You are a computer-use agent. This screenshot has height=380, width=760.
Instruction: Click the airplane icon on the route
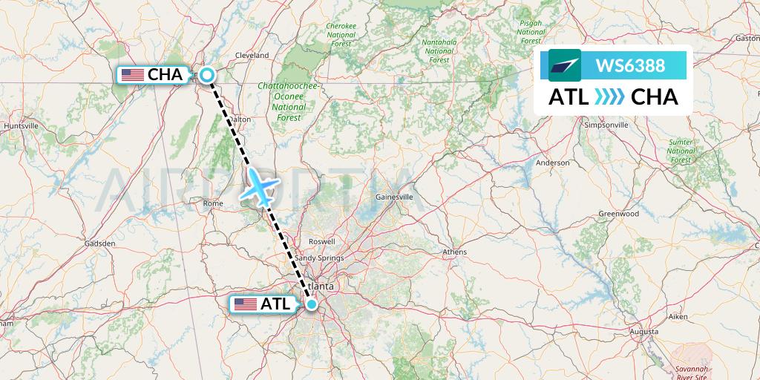pos(260,185)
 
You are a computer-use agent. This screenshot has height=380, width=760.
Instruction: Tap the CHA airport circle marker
pos(206,74)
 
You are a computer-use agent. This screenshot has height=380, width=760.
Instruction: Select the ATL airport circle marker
pos(312,304)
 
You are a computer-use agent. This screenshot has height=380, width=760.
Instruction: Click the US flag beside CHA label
pos(133,74)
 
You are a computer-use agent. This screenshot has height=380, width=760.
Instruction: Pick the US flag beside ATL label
pos(245,304)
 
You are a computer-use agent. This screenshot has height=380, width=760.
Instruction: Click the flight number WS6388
pos(632,66)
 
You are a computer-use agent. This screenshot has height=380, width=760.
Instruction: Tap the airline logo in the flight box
pos(565,65)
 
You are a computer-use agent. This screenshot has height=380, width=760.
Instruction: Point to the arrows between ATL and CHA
pos(609,97)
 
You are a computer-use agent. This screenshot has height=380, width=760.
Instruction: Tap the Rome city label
pos(212,203)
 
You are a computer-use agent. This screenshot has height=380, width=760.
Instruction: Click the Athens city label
pos(454,252)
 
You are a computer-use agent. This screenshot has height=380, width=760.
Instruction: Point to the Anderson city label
pos(552,163)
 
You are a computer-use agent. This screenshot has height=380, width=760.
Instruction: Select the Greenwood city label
pos(619,214)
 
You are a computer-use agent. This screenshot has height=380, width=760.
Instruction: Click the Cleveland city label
pos(252,56)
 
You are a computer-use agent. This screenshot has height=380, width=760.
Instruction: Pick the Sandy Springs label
pos(319,258)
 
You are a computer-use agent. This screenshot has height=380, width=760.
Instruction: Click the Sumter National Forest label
pos(681,151)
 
